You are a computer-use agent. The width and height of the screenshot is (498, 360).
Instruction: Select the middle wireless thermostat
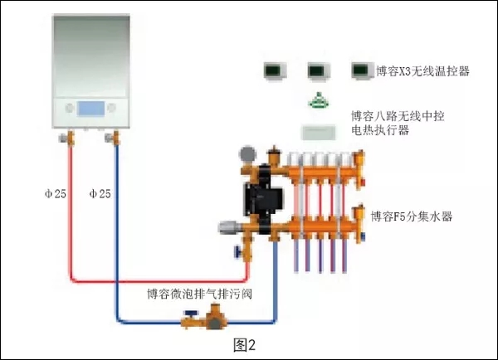pyautogui.click(x=319, y=71)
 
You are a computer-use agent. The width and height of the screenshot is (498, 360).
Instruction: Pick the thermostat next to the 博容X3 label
pyautogui.click(x=362, y=71)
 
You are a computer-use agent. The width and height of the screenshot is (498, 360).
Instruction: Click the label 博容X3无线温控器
pyautogui.click(x=422, y=72)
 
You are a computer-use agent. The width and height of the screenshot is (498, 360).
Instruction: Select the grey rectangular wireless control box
pyautogui.click(x=320, y=131)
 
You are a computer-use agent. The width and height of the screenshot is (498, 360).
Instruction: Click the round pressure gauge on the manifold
pyautogui.click(x=247, y=154)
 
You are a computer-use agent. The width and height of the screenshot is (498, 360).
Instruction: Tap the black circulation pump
pyautogui.click(x=252, y=196)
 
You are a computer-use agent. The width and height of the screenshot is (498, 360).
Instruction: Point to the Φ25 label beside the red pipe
pyautogui.click(x=55, y=193)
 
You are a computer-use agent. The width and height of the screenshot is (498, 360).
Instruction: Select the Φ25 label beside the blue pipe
pyautogui.click(x=100, y=193)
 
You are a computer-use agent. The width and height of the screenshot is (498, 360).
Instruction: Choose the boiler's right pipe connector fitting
pyautogui.click(x=111, y=137)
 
